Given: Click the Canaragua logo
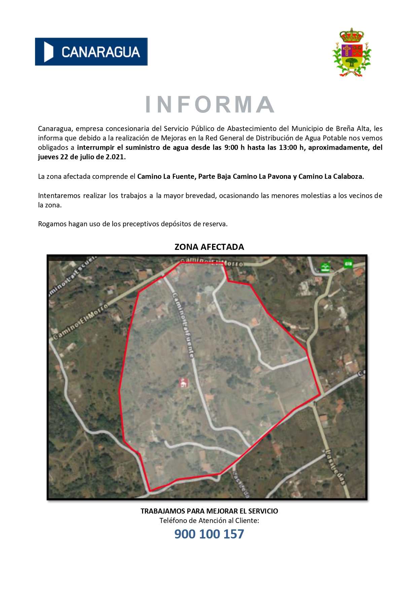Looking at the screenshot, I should click(x=91, y=52).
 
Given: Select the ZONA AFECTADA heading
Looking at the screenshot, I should click(x=209, y=247).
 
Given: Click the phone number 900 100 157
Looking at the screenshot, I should click(x=209, y=534).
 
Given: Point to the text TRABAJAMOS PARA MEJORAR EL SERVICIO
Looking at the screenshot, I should click(x=209, y=511).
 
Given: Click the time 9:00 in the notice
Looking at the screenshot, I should click(x=231, y=147).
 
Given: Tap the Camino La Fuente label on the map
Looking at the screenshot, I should click(x=183, y=325).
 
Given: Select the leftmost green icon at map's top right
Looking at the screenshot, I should click(x=325, y=267).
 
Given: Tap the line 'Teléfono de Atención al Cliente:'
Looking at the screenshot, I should click(x=209, y=521).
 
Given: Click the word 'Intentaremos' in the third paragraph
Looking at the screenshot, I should click(x=59, y=196).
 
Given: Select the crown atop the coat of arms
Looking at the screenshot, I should click(x=352, y=35).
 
